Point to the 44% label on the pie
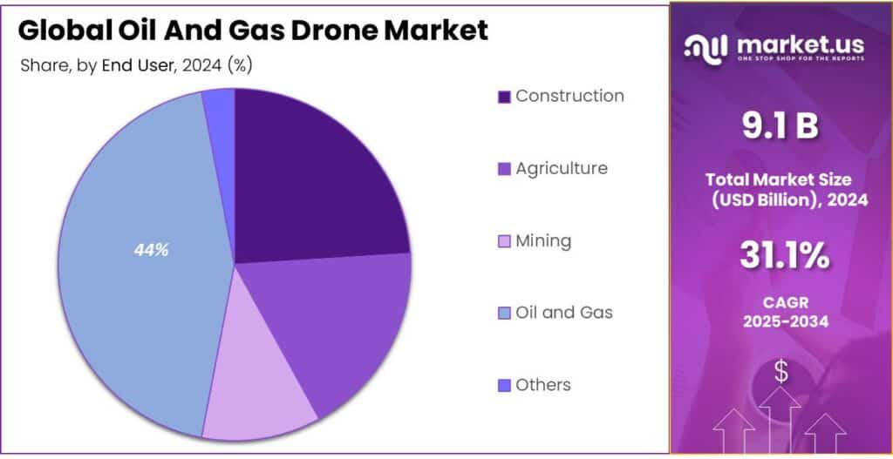[151, 250]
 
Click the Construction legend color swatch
[504, 97]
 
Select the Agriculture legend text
[561, 168]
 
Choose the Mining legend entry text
[543, 240]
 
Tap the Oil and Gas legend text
[563, 312]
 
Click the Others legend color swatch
[504, 385]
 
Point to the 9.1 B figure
[780, 127]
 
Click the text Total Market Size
[780, 180]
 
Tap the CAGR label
[780, 300]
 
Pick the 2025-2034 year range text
[780, 321]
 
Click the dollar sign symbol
[781, 372]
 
